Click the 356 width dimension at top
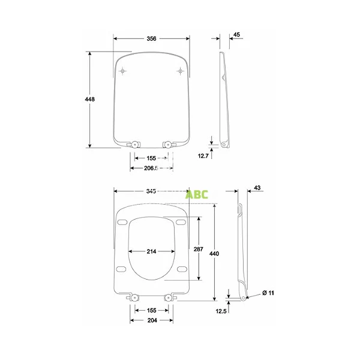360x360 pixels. click(151, 38)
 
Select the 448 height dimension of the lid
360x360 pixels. click(90, 99)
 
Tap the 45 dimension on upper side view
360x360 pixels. click(236, 35)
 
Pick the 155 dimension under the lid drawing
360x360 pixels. click(151, 158)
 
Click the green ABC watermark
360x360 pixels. click(196, 194)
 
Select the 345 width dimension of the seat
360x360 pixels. click(151, 191)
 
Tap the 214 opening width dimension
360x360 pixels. click(151, 251)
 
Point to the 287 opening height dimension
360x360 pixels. click(198, 248)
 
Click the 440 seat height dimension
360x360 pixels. click(214, 254)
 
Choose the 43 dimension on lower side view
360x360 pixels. click(257, 188)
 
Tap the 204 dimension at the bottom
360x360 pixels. click(151, 321)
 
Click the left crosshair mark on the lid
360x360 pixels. click(123, 72)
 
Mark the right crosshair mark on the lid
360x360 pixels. click(180, 72)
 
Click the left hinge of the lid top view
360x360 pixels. click(134, 143)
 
